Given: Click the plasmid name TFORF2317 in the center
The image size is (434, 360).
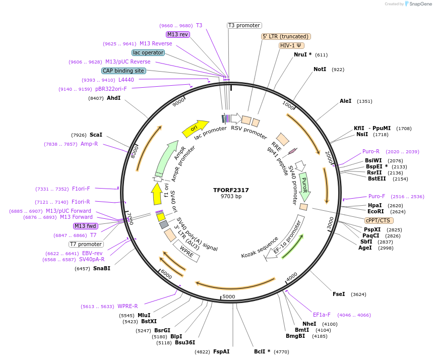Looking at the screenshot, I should (231, 190).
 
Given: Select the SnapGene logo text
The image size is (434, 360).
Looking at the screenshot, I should (421, 4).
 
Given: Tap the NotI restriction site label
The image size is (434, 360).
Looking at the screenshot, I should (320, 69).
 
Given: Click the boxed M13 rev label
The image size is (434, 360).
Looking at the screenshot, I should (177, 34).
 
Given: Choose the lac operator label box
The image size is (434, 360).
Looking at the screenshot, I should (148, 52).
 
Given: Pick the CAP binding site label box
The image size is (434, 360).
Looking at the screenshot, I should (123, 71).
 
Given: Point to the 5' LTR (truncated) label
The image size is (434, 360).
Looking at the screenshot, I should (286, 36).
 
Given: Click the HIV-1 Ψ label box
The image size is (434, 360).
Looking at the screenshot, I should (291, 45).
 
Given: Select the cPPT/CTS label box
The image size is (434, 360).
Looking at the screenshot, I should (379, 220).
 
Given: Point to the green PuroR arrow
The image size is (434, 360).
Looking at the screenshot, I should (304, 186).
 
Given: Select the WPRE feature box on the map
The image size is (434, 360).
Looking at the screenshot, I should (187, 251).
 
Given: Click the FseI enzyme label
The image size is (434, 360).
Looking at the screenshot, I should (339, 294).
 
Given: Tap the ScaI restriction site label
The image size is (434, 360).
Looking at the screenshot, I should (96, 135).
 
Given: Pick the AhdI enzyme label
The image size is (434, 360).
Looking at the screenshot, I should (113, 98).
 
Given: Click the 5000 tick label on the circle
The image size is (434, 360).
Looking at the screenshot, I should (229, 296).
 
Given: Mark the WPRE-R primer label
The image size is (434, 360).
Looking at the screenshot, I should (128, 306).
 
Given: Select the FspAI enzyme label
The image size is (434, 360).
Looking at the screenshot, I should (221, 351).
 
